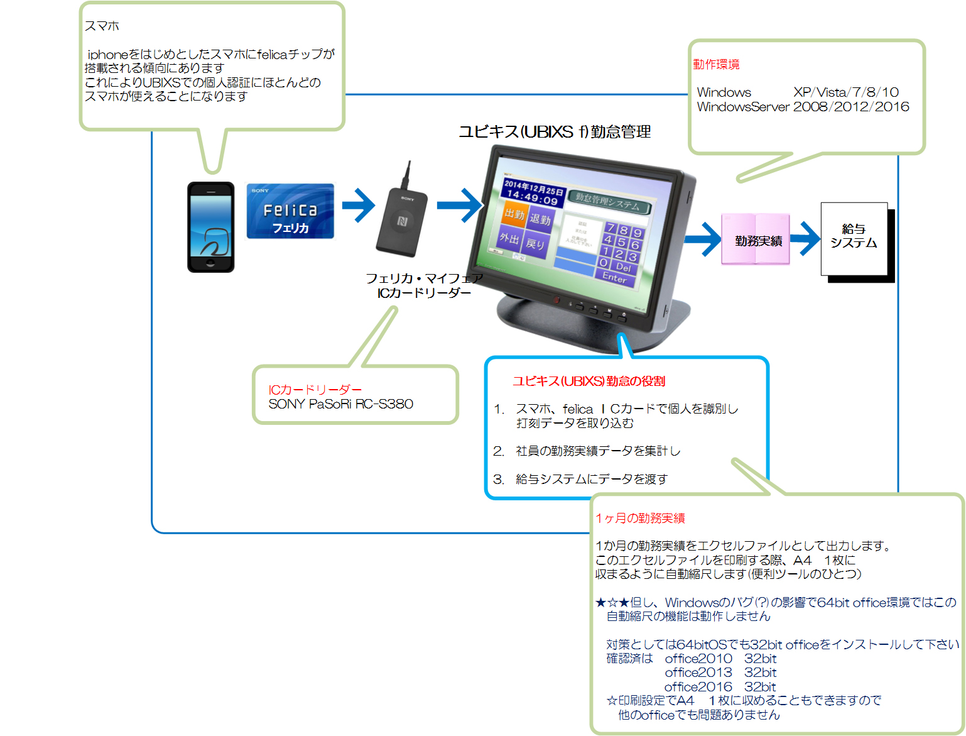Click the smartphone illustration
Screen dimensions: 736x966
pyautogui.click(x=210, y=227)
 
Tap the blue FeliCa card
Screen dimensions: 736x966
pyautogui.click(x=290, y=211)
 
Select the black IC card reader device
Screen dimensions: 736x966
pyautogui.click(x=403, y=219)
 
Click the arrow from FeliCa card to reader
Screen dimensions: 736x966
pyautogui.click(x=359, y=205)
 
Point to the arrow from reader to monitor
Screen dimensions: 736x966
pyautogui.click(x=460, y=205)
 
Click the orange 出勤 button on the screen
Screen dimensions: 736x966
pyautogui.click(x=514, y=214)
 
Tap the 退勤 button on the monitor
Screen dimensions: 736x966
pyautogui.click(x=540, y=219)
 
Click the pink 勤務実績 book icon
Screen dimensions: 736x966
pyautogui.click(x=756, y=239)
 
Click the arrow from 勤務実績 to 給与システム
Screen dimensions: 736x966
pyautogui.click(x=806, y=238)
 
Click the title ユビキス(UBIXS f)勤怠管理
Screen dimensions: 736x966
pyautogui.click(x=555, y=131)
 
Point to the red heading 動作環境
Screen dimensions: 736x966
pyautogui.click(x=716, y=64)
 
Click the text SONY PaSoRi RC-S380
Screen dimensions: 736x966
pyautogui.click(x=340, y=404)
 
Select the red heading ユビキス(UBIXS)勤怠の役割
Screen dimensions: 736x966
pyautogui.click(x=589, y=381)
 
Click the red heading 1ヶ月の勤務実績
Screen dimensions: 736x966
pyautogui.click(x=640, y=518)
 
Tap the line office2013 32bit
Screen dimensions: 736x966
pyautogui.click(x=720, y=673)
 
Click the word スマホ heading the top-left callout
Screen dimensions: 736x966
pyautogui.click(x=102, y=26)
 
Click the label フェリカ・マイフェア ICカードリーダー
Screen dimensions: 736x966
pyautogui.click(x=424, y=285)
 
